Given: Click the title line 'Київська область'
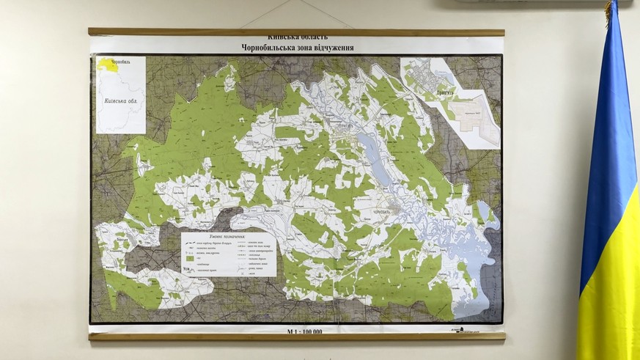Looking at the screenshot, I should point(297,37).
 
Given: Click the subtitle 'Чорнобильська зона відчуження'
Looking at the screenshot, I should point(297,48).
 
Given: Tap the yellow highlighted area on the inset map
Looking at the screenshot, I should point(108,65).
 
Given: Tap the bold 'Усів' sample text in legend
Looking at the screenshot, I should point(187,270).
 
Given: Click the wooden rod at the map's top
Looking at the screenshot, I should point(296,32).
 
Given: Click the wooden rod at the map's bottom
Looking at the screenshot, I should point(296,337).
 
